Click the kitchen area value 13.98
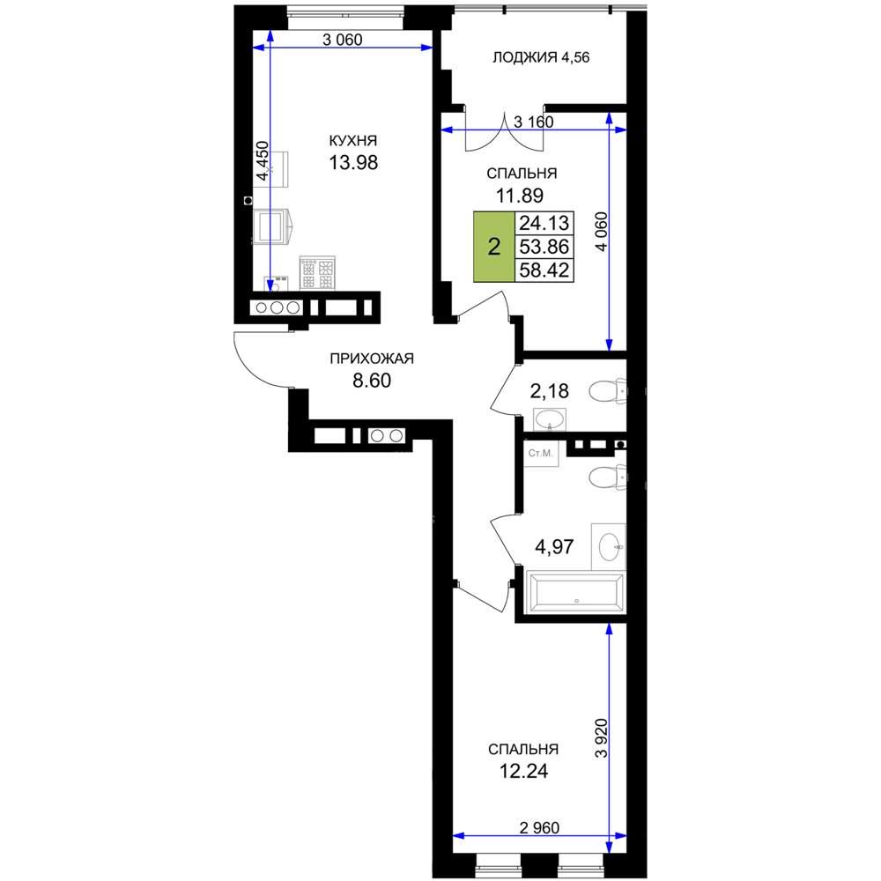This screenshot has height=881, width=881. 353,162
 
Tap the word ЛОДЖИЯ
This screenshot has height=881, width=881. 525,57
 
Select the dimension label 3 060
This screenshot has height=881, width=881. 342,40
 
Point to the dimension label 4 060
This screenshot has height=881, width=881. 602,232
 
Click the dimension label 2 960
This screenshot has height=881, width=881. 539,827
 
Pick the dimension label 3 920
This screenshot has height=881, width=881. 602,738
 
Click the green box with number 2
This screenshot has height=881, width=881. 494,247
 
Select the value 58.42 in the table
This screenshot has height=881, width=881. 544,270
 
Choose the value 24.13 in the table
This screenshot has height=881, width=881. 544,223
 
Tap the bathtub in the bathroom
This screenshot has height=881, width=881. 576,592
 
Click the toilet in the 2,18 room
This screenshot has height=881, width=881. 607,390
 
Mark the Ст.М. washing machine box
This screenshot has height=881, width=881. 541,453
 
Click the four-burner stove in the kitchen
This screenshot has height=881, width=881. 317,272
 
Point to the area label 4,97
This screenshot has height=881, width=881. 554,546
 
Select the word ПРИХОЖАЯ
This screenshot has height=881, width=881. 372,359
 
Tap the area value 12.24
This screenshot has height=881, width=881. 523,772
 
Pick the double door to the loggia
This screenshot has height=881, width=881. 505,130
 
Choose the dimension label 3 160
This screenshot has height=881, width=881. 534,122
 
